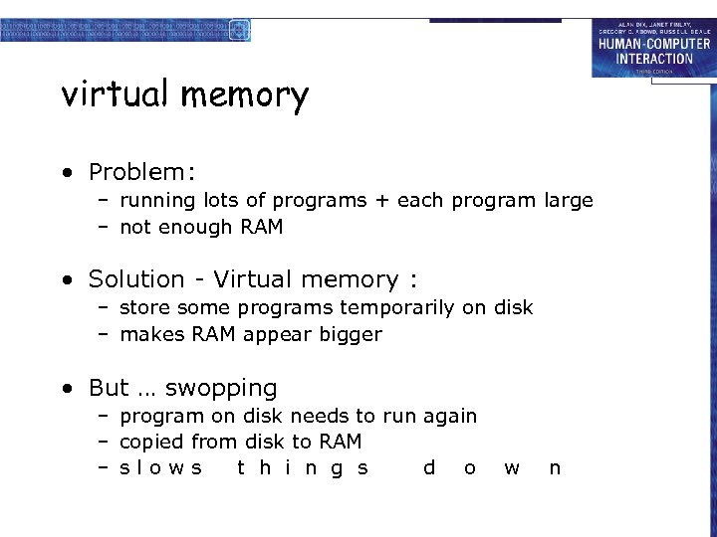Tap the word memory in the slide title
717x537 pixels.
(245, 96)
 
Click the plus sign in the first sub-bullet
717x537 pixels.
(382, 201)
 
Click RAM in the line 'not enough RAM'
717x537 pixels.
(262, 227)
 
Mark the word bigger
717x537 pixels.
(350, 335)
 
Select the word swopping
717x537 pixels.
(221, 389)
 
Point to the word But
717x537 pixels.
(109, 388)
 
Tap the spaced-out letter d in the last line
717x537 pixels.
(429, 467)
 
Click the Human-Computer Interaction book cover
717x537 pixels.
(653, 48)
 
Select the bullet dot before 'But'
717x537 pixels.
(66, 388)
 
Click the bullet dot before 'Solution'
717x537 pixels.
(66, 279)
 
